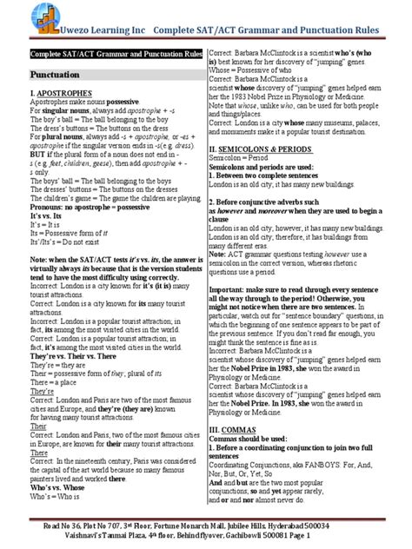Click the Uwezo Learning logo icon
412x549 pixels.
[19, 14]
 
